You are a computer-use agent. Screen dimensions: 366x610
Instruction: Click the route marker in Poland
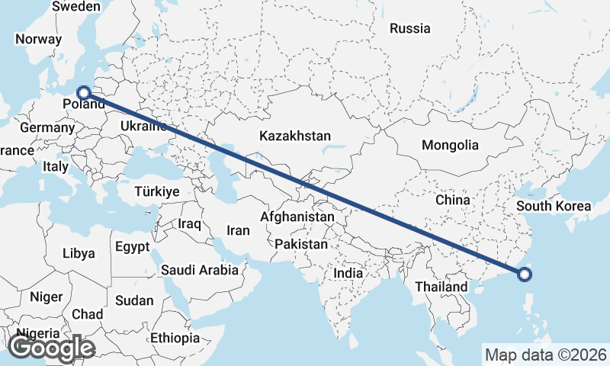pyautogui.click(x=84, y=93)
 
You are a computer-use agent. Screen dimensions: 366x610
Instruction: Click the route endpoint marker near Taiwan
pyautogui.click(x=525, y=275)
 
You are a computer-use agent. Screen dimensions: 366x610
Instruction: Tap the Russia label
pyautogui.click(x=410, y=29)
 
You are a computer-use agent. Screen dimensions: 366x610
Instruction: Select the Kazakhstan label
pyautogui.click(x=295, y=136)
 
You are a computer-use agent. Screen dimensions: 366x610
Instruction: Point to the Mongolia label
pyautogui.click(x=450, y=145)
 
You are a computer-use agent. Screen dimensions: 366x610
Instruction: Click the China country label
pyautogui.click(x=452, y=200)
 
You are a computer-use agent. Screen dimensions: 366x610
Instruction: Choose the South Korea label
pyautogui.click(x=554, y=206)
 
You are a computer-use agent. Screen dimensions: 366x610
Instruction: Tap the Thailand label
pyautogui.click(x=441, y=287)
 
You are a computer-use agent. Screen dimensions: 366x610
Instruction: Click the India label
pyautogui.click(x=348, y=273)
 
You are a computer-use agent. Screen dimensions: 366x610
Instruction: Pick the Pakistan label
pyautogui.click(x=302, y=245)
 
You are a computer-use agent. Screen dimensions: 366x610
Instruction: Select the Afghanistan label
pyautogui.click(x=297, y=217)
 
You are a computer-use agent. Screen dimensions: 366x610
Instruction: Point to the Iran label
pyautogui.click(x=239, y=230)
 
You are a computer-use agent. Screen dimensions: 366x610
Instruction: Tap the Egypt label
pyautogui.click(x=133, y=246)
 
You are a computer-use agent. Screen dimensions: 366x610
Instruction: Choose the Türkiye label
pyautogui.click(x=157, y=191)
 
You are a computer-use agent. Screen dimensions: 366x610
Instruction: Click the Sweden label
pyautogui.click(x=76, y=7)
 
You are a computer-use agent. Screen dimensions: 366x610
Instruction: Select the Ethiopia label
pyautogui.click(x=175, y=337)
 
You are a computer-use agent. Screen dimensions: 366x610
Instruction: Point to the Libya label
pyautogui.click(x=79, y=253)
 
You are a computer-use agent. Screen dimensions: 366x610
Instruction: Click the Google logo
pyautogui.click(x=51, y=348)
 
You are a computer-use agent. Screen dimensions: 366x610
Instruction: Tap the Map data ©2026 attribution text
pyautogui.click(x=546, y=355)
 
